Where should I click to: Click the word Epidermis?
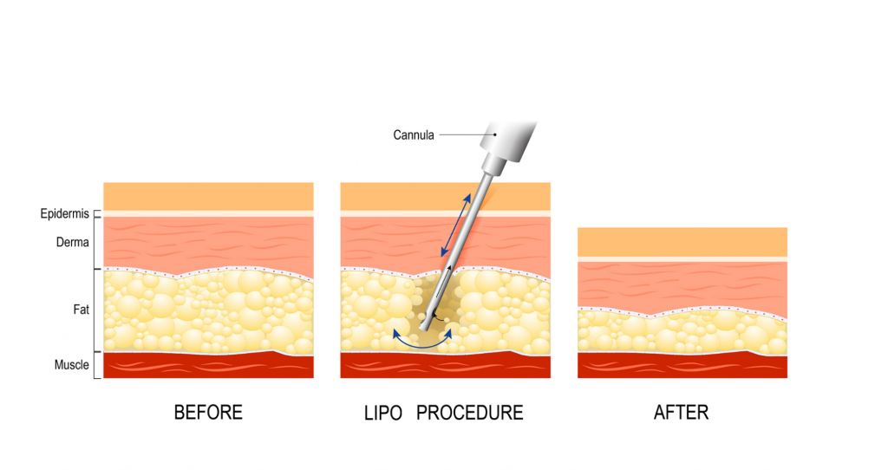[64, 214]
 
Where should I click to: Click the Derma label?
[73, 242]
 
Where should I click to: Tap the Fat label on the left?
[81, 310]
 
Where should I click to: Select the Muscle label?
[71, 365]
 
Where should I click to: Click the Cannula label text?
[414, 135]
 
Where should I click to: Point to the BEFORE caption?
[208, 412]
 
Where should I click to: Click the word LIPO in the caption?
[382, 413]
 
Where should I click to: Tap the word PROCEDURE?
[469, 413]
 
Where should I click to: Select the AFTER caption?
[682, 412]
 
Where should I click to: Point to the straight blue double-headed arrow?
[456, 225]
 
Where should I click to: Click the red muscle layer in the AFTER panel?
[682, 366]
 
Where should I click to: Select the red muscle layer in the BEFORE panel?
[208, 366]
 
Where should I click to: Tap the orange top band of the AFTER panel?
[682, 242]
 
